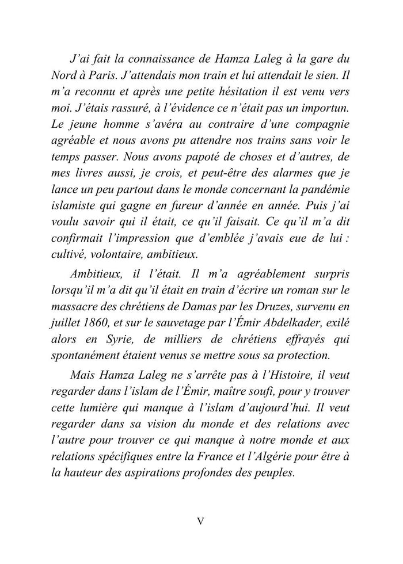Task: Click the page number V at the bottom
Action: tap(200, 521)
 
